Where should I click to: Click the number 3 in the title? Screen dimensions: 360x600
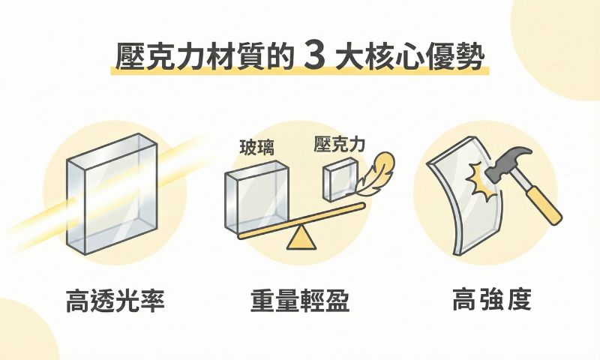pyautogui.click(x=316, y=57)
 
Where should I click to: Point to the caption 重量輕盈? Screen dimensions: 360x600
pyautogui.click(x=300, y=301)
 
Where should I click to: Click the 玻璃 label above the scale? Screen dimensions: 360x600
pyautogui.click(x=256, y=148)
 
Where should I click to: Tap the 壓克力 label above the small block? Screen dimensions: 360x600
pyautogui.click(x=339, y=145)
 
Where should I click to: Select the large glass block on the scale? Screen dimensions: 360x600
pyautogui.click(x=256, y=196)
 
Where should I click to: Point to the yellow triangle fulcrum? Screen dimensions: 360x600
pyautogui.click(x=300, y=238)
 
